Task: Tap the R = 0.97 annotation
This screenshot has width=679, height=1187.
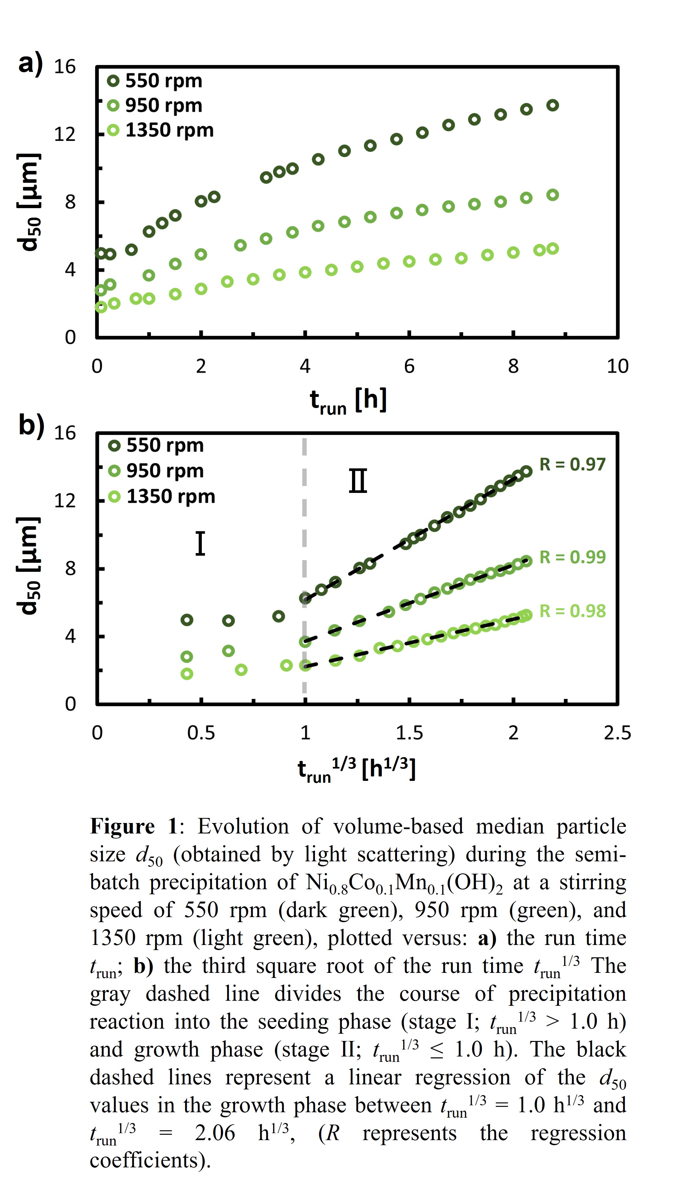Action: [x=572, y=464]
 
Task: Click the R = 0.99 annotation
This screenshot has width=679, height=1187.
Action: [x=572, y=557]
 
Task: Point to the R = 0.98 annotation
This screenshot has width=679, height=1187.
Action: [x=572, y=611]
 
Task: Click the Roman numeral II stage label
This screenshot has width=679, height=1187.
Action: [x=358, y=481]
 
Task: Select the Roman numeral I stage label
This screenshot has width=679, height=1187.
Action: [x=200, y=544]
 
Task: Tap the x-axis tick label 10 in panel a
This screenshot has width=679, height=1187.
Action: [x=617, y=367]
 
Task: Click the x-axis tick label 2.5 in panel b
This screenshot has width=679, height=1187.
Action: [x=617, y=733]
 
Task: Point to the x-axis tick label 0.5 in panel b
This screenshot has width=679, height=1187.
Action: [x=201, y=733]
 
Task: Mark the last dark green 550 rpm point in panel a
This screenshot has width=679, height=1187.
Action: [x=553, y=105]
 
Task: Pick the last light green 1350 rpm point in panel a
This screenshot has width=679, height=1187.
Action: [x=553, y=248]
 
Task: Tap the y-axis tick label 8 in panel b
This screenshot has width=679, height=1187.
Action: [x=70, y=569]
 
